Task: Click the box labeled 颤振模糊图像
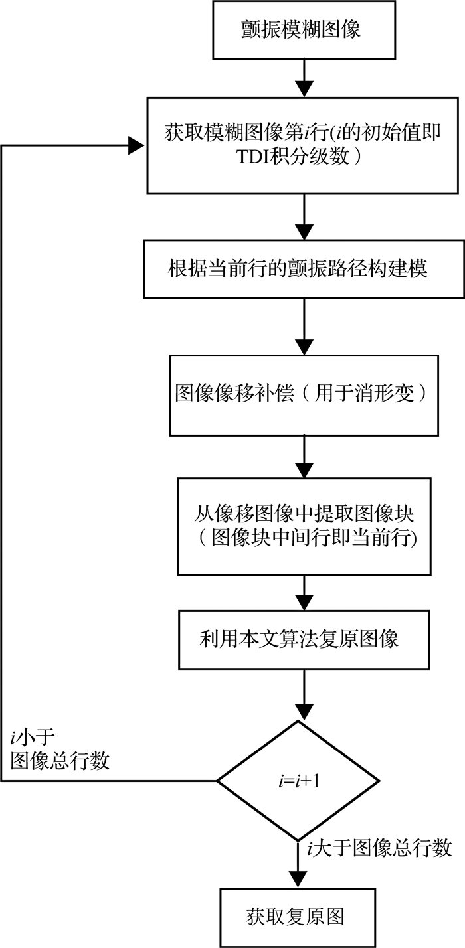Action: click(304, 30)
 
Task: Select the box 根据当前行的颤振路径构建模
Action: click(304, 270)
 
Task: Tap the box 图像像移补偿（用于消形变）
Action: click(304, 395)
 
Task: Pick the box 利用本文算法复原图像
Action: click(304, 639)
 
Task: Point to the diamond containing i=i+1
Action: click(298, 781)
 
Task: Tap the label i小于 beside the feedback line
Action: click(33, 737)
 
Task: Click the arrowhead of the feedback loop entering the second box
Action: click(136, 145)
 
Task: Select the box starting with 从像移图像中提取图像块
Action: click(304, 526)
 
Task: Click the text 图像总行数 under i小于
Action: click(60, 761)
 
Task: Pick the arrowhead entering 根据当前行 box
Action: click(304, 232)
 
